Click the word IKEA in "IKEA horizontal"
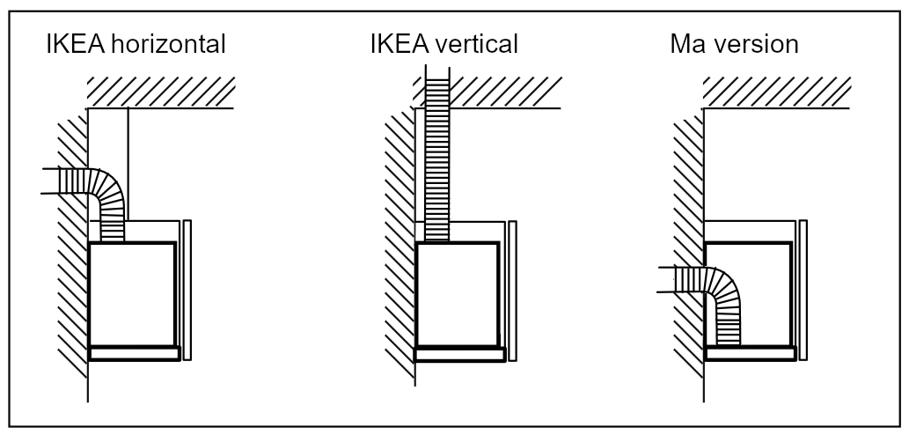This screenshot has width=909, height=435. coord(76,44)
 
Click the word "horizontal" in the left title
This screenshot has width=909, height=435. coord(168,44)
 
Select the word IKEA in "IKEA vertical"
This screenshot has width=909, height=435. coord(400,44)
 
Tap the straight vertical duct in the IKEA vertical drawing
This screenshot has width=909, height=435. coord(437,154)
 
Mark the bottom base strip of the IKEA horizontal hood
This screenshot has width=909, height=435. coord(135,353)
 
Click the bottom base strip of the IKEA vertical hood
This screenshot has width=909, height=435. coord(459,354)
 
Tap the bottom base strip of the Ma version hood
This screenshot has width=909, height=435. coord(751,353)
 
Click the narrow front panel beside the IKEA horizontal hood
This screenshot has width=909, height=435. coord(187,290)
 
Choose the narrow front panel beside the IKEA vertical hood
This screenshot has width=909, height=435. coord(512,291)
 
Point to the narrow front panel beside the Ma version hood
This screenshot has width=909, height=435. coord(803,290)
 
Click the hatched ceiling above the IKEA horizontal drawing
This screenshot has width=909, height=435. coord(160,92)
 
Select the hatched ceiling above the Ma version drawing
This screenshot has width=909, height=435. coord(777,92)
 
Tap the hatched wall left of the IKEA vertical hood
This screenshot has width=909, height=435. coord(400,244)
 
